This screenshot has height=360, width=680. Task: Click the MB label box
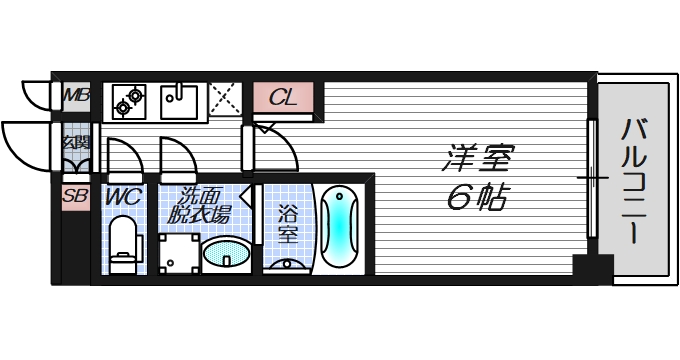(76, 96)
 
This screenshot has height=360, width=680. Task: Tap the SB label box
(75, 196)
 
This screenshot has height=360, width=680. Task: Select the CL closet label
(283, 98)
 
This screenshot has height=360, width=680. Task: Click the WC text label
(123, 196)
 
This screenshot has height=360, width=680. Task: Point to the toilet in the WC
(123, 246)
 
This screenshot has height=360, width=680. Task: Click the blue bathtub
(340, 226)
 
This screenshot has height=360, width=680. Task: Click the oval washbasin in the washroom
(226, 255)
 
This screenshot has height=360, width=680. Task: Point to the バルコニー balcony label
(633, 180)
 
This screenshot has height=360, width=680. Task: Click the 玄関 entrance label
(76, 143)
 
